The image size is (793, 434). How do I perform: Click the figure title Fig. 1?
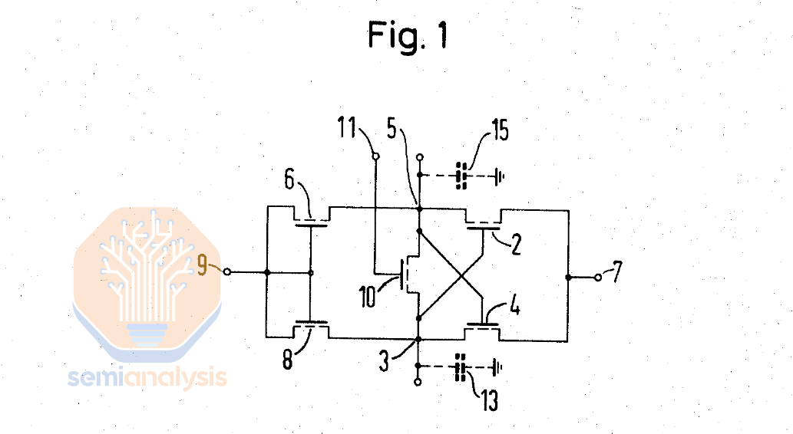pos(407,35)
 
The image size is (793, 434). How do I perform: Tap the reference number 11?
pos(351,127)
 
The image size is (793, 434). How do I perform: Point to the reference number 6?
pos(289,181)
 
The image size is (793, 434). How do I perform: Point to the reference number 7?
pos(620,271)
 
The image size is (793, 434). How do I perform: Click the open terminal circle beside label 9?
pos(226,272)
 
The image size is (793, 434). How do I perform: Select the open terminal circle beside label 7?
pos(599,277)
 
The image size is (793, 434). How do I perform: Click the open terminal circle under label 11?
pos(375,157)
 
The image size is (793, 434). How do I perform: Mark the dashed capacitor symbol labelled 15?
pos(461,176)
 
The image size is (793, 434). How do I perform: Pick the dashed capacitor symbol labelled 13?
pos(461,369)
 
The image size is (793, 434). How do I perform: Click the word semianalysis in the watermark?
pos(147,377)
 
